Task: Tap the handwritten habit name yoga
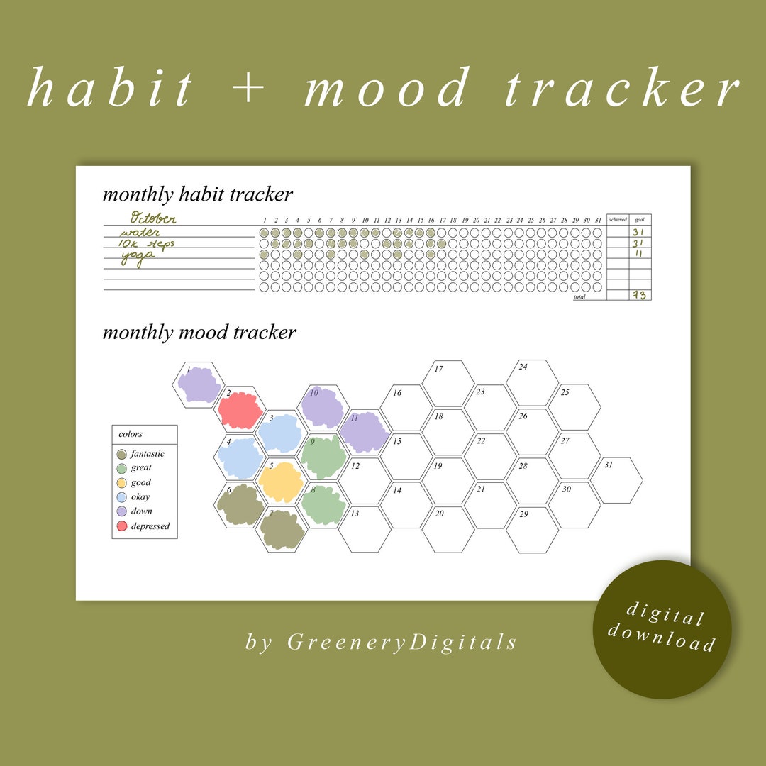(138, 257)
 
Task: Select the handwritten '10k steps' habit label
(148, 244)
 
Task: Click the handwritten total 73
(640, 295)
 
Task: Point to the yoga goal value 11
(639, 254)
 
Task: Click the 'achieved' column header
(617, 220)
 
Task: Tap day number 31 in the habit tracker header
(599, 220)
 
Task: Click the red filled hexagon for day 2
(241, 410)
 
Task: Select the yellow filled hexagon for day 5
(282, 482)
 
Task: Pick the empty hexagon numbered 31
(616, 480)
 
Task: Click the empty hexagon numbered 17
(448, 384)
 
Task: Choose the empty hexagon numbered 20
(448, 529)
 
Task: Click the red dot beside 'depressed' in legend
(122, 526)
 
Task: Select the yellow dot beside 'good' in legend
(122, 483)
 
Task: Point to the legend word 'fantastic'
(148, 454)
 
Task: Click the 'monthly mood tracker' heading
(199, 333)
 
